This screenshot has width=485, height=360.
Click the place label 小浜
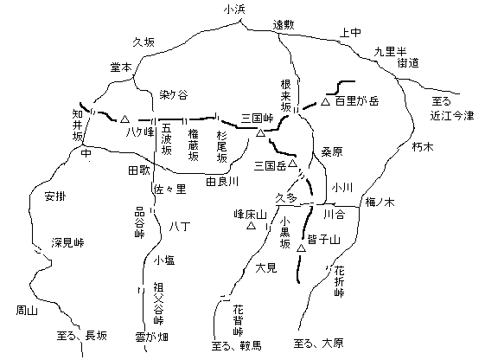click(234, 10)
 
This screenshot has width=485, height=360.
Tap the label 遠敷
click(284, 25)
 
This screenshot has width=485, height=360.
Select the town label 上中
click(350, 32)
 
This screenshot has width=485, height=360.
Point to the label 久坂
click(144, 42)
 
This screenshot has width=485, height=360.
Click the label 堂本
click(121, 67)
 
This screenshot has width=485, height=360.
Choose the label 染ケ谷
click(174, 94)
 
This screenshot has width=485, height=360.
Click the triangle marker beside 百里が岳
click(325, 101)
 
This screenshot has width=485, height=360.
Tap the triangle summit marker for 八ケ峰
click(124, 119)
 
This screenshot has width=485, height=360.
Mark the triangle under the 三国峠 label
click(260, 132)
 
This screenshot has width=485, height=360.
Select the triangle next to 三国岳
click(292, 164)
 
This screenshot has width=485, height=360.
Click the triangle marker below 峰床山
click(252, 226)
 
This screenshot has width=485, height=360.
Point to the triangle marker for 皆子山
click(301, 248)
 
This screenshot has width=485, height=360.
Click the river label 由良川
click(222, 182)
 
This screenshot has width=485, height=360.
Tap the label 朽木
click(423, 147)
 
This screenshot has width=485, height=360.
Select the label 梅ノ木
click(380, 202)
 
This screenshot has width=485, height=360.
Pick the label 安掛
click(55, 196)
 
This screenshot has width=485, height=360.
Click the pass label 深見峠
click(67, 242)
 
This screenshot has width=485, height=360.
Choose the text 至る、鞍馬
click(237, 345)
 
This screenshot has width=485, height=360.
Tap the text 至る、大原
click(319, 344)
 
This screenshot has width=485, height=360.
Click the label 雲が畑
click(151, 337)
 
